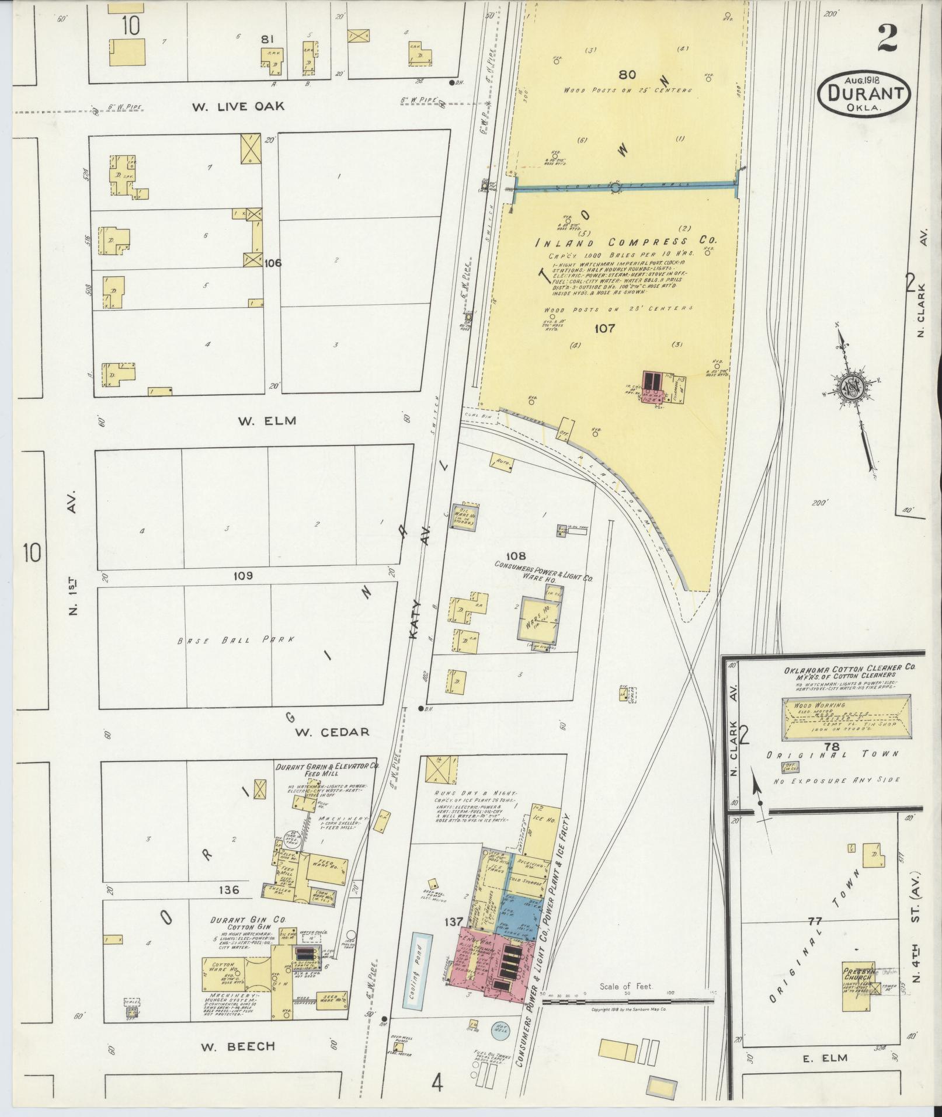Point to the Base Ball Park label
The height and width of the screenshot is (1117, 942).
[234, 640]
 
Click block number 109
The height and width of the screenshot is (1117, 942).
[243, 576]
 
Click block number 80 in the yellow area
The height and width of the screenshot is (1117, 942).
[627, 75]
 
